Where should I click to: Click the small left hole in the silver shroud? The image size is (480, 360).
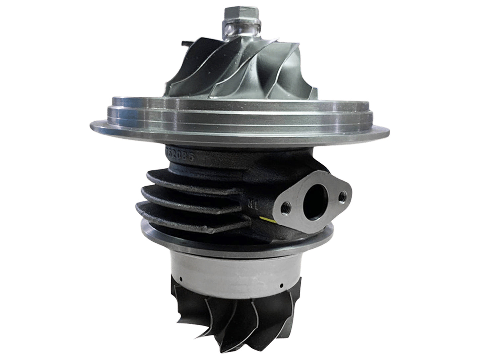(x=180, y=278)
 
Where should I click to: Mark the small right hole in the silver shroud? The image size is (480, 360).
(x=281, y=285)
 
